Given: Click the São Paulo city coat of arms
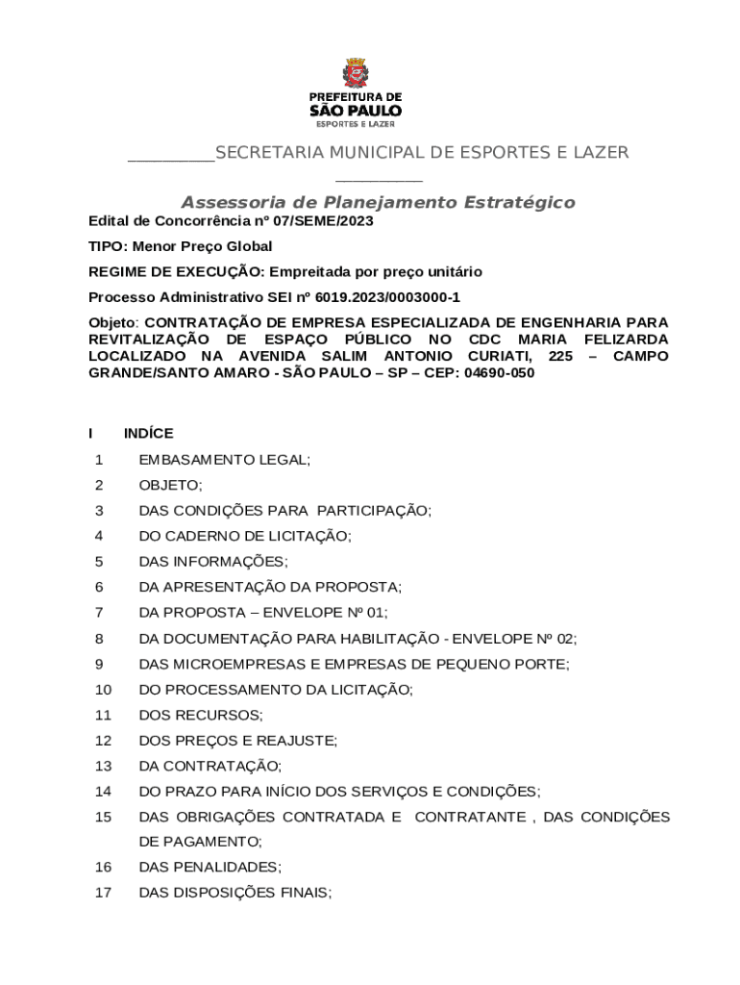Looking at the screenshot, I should click(x=355, y=73).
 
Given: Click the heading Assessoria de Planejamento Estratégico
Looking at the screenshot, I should click(x=378, y=202).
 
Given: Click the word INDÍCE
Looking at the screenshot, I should click(x=148, y=434).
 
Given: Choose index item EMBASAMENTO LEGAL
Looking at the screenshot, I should click(x=224, y=460).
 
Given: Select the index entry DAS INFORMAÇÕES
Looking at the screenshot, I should click(x=212, y=562).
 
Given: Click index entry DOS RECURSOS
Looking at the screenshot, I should click(x=200, y=715).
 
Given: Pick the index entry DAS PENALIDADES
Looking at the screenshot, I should click(x=210, y=867).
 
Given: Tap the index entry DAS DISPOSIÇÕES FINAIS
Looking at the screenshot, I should click(x=234, y=893).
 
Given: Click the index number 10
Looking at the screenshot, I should click(x=104, y=690).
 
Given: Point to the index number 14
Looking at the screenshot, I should click(x=104, y=792).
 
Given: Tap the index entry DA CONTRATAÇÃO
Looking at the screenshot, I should click(x=210, y=766).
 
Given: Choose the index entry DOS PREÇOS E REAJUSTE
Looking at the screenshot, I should click(x=237, y=741).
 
